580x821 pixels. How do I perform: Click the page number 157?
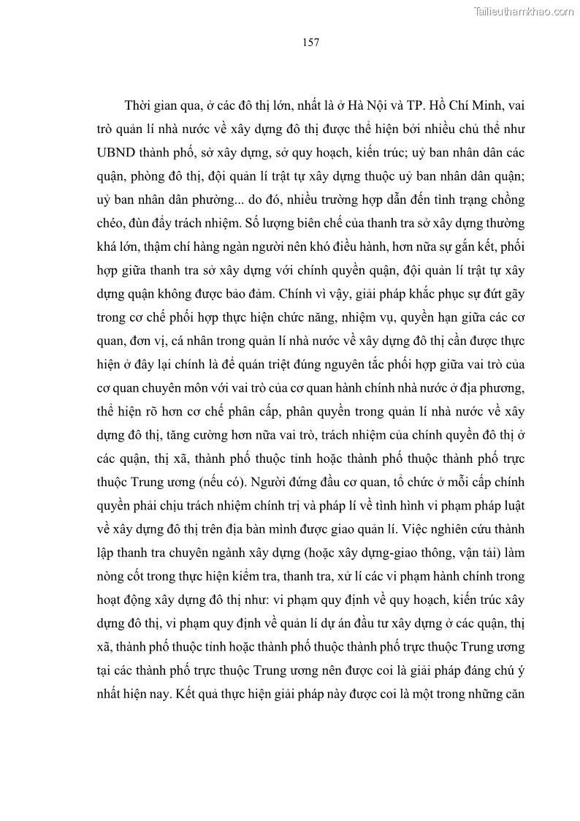(310, 42)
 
